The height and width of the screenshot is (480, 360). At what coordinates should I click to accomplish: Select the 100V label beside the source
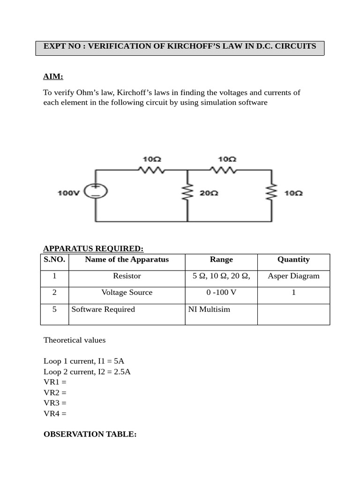click(x=69, y=193)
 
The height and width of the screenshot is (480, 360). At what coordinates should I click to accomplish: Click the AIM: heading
click(x=53, y=76)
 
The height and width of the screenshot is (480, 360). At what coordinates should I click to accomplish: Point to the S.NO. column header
click(x=54, y=260)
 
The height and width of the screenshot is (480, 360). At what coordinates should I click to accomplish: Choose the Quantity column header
click(x=293, y=260)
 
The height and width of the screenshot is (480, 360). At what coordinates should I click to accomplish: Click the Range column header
click(x=221, y=260)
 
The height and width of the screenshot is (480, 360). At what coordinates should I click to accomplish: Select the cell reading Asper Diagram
click(x=293, y=276)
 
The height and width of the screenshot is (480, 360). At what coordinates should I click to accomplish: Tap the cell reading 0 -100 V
click(x=221, y=292)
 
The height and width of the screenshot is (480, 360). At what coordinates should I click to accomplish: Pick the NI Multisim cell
click(x=209, y=309)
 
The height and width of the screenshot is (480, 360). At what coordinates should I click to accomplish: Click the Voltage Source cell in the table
click(x=127, y=292)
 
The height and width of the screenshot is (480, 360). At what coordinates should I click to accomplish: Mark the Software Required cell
click(x=103, y=309)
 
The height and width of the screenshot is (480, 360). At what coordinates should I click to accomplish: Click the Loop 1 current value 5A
click(x=119, y=361)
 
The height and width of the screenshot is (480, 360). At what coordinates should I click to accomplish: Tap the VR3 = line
click(x=55, y=403)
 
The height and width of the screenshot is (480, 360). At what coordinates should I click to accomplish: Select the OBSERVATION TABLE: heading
click(x=90, y=435)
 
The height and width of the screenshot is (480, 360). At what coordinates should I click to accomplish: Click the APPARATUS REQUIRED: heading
click(x=93, y=248)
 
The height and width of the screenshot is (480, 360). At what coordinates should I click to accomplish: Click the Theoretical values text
click(x=75, y=340)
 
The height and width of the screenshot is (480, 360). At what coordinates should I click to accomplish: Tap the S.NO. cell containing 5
click(x=54, y=309)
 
